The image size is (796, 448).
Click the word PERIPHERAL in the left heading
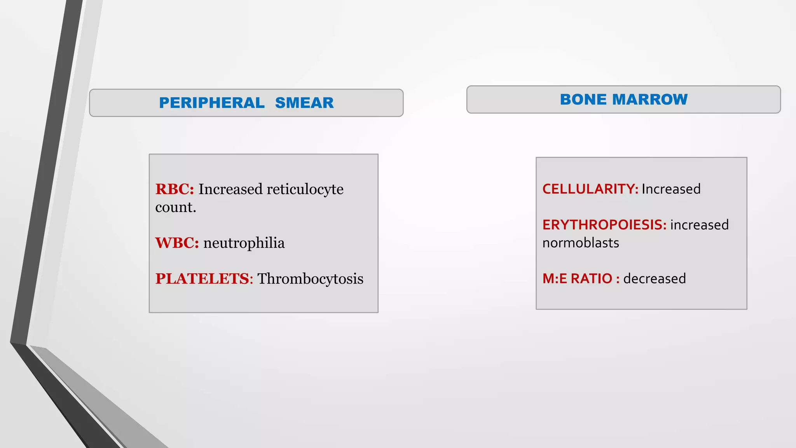tap(211, 103)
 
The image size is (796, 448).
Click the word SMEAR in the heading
tap(304, 103)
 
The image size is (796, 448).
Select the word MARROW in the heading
tap(650, 100)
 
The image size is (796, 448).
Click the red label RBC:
tap(175, 189)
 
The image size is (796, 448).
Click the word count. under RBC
tap(175, 208)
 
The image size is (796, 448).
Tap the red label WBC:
tap(177, 243)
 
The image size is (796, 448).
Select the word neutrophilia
tap(244, 243)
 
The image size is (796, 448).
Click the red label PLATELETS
tap(202, 279)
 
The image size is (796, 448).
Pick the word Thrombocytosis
tap(310, 279)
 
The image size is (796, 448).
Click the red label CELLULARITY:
tap(590, 189)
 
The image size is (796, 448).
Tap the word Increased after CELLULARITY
tap(671, 189)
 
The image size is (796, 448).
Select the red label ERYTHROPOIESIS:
tap(604, 225)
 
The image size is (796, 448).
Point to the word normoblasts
tap(581, 243)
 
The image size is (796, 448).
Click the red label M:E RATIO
tap(577, 279)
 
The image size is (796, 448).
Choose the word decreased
tap(655, 279)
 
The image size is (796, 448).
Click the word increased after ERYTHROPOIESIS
tap(699, 225)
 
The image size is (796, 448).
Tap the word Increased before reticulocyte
tap(230, 189)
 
